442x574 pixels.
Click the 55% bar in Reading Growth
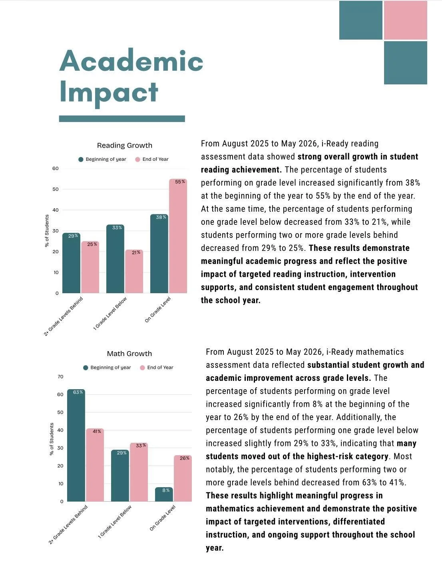178,236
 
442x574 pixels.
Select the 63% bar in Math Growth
76,445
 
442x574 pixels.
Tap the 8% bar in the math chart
164,494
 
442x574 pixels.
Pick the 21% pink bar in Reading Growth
134,271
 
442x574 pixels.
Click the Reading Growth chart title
125,146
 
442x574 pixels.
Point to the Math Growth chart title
129,354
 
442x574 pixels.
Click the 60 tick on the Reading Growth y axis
56,168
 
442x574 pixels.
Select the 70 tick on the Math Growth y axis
60,377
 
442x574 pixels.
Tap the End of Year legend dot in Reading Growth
137,159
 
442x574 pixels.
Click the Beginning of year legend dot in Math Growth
86,368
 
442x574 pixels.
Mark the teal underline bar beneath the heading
122,119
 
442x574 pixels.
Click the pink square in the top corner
405,20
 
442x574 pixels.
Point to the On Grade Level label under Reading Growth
158,309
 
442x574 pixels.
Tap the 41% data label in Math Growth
97,431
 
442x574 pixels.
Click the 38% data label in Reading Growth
161,217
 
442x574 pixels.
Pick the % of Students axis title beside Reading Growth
47,231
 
